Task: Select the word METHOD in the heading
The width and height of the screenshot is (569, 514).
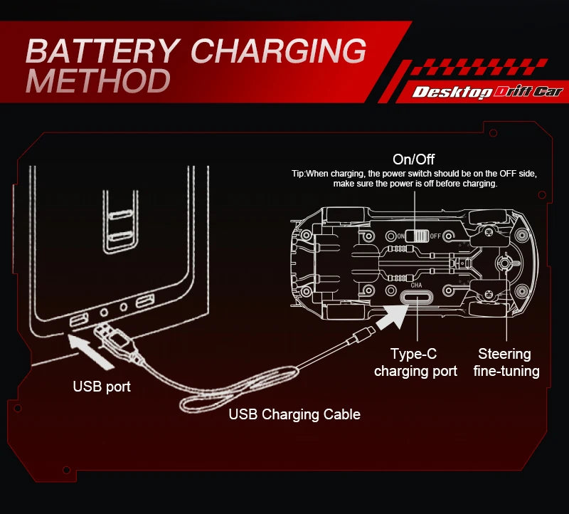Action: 98,81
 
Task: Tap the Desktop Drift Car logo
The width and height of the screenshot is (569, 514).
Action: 488,91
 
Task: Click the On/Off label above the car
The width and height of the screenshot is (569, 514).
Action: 413,159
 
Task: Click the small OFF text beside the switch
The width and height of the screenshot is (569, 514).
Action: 437,236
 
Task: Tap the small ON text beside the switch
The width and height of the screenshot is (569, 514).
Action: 401,236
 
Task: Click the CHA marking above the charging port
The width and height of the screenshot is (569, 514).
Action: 417,285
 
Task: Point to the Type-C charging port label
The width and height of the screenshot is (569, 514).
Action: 415,362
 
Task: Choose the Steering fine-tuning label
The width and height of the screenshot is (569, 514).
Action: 506,362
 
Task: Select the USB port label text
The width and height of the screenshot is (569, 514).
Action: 102,387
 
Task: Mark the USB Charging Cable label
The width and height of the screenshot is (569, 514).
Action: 294,414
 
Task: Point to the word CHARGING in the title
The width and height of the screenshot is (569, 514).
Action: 279,51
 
